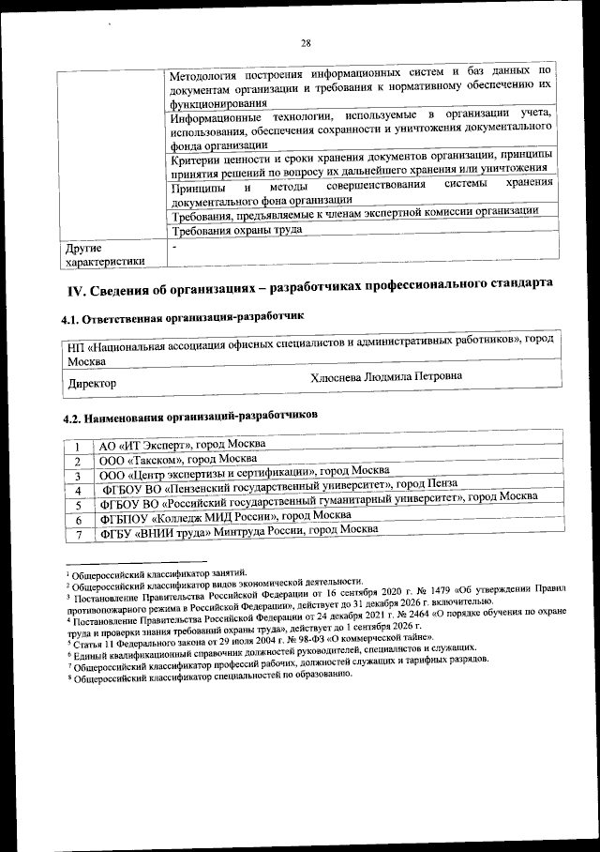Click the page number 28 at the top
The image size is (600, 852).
[x=306, y=42]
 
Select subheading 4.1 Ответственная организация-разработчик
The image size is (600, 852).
[x=183, y=319]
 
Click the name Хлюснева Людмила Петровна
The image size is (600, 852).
[x=385, y=377]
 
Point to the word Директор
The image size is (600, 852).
[x=92, y=383]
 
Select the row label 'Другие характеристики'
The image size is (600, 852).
[x=105, y=254]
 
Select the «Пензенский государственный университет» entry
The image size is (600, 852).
[x=265, y=487]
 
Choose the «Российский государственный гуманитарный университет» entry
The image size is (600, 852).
[x=318, y=501]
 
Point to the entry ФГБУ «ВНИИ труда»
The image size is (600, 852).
[x=239, y=530]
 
